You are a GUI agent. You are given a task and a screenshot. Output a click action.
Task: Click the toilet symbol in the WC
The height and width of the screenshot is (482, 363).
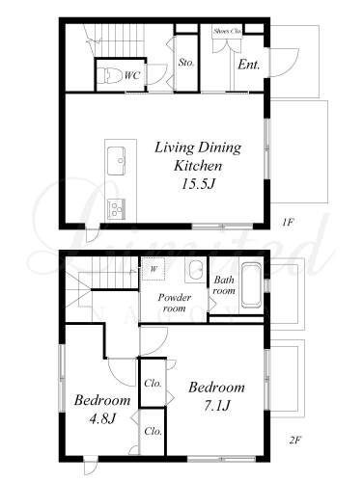pos(109,75)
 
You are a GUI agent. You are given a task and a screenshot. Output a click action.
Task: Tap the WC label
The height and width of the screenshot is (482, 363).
pos(132,76)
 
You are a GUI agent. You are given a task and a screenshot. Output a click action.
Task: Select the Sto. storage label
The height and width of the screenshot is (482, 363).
pos(186,63)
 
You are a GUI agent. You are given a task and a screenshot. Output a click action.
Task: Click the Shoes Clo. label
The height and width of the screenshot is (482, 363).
pos(227,31)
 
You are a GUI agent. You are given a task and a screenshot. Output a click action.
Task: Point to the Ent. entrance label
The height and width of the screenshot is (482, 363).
pos(248,65)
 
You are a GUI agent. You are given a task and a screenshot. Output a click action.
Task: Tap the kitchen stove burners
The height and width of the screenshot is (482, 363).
pos(116,209)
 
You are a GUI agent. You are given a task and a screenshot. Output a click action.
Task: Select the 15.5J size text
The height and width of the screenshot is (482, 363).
pos(198,184)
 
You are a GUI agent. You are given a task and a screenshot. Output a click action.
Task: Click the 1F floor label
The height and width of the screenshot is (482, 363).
pos(288,222)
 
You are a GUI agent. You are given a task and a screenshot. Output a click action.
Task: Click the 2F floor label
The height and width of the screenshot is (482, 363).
pos(294,440)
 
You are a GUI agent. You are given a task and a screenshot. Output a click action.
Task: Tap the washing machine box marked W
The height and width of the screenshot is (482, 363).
pos(154,269)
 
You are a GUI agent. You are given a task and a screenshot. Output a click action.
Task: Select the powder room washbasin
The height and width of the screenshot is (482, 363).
pos(195,271)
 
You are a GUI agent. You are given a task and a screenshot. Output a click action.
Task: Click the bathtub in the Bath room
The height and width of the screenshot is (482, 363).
pos(251,285)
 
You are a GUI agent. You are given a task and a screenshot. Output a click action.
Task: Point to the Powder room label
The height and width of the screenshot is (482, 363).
pos(175,303)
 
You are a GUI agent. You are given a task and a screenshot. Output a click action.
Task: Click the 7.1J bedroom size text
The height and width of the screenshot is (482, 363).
pos(216,406)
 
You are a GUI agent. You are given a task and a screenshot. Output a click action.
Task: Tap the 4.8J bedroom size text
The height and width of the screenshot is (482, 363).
pos(102,418)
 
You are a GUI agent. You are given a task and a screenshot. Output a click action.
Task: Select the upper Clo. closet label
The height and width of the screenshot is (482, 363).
pos(153,383)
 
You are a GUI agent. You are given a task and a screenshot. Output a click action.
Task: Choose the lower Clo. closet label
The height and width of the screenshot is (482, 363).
pos(153,431)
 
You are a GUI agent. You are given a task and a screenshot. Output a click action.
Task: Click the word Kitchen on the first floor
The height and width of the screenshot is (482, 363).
pos(198,166)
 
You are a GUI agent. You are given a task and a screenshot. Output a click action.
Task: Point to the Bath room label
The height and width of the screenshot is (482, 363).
pos(224,285)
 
